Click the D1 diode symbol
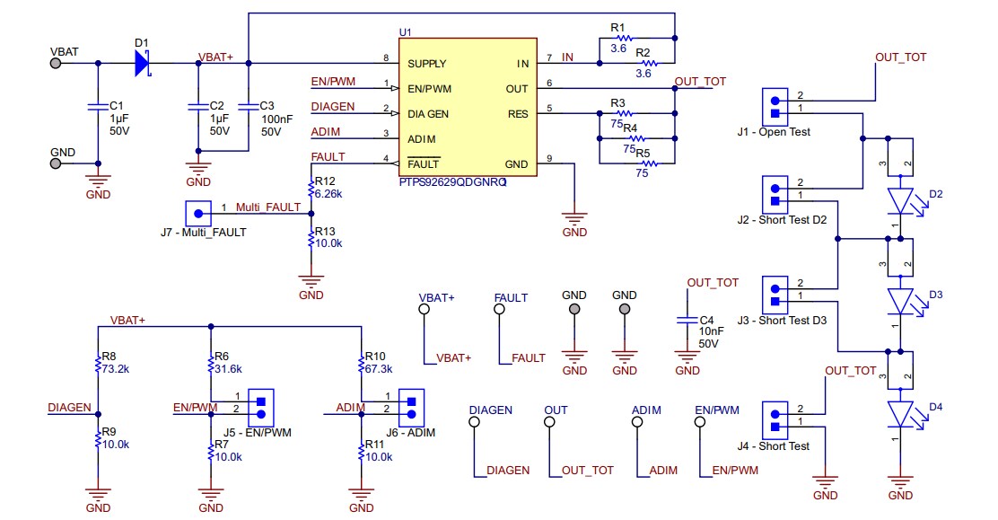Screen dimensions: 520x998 (142, 63)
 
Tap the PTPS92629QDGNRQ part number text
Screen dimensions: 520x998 (452, 181)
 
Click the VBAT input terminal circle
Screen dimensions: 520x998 (57, 63)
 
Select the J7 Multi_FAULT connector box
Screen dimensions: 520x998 (197, 213)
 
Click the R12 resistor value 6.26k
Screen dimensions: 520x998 (329, 193)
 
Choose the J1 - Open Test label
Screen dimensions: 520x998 (774, 132)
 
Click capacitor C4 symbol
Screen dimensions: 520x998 (687, 320)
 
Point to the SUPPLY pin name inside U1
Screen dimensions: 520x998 (427, 64)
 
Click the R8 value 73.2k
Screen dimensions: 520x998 (116, 368)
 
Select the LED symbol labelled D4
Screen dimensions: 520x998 (899, 413)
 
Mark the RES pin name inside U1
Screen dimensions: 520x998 (518, 114)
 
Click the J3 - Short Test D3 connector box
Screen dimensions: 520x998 (774, 294)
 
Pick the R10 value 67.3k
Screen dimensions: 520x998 (380, 368)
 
